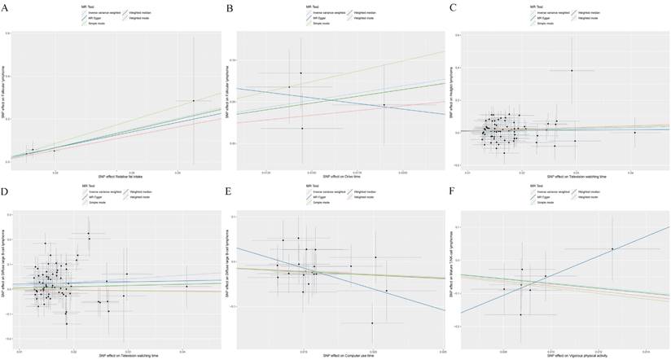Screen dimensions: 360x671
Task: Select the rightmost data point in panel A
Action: click(x=194, y=100)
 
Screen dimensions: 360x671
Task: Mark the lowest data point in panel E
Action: click(x=372, y=323)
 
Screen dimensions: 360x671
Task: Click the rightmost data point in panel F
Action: click(x=612, y=248)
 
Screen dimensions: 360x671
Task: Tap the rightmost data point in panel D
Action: click(x=186, y=287)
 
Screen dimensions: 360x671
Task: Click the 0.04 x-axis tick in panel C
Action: click(x=630, y=173)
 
